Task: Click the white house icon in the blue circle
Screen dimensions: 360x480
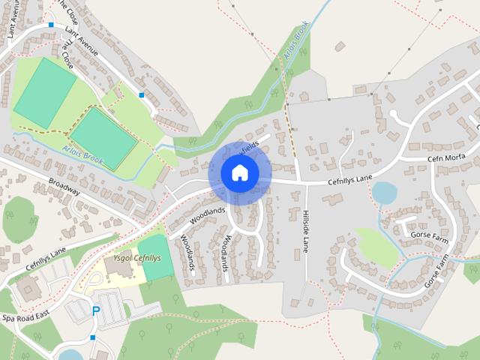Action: tap(239, 172)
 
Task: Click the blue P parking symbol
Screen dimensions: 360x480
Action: tap(95, 310)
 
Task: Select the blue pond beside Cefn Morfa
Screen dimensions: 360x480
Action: tap(384, 193)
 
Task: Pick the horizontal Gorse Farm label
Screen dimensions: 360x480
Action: tap(428, 235)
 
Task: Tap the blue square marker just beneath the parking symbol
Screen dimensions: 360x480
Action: tap(93, 337)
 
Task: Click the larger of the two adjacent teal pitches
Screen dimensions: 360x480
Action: tap(45, 91)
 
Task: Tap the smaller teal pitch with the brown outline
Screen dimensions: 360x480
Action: tap(103, 136)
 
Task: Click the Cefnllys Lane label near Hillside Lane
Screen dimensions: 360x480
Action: tap(349, 179)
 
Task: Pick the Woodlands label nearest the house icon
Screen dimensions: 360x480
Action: tap(208, 215)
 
